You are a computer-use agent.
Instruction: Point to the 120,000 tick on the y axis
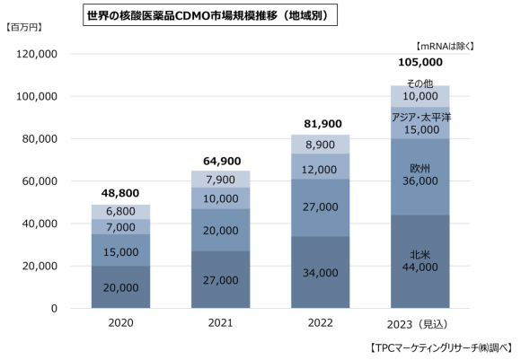pyautogui.click(x=38, y=55)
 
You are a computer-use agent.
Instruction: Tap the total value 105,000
pyautogui.click(x=419, y=63)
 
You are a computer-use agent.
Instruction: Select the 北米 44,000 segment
pyautogui.click(x=419, y=263)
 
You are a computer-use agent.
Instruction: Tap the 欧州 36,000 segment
pyautogui.click(x=419, y=173)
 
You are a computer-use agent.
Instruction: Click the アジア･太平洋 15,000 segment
pyautogui.click(x=419, y=123)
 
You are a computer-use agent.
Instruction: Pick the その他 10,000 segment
pyautogui.click(x=419, y=92)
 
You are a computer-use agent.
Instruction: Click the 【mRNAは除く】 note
pyautogui.click(x=445, y=45)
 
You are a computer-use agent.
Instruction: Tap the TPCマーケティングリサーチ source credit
pyautogui.click(x=441, y=347)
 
